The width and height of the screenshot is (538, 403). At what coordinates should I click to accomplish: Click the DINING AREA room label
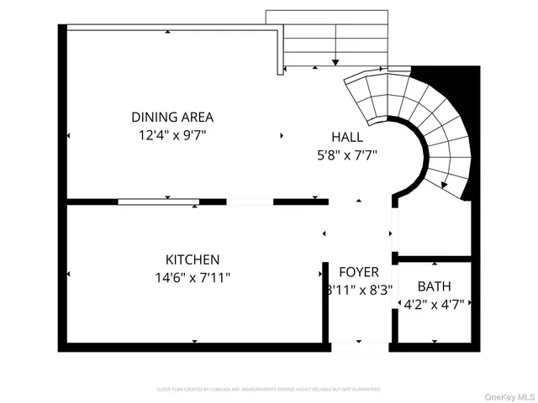tap(172, 117)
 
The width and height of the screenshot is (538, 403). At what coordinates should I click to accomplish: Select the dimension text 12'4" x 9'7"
tap(172, 133)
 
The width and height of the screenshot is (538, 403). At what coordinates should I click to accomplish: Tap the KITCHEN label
tap(193, 259)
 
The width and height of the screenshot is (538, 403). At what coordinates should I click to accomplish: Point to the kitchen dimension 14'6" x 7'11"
tap(193, 276)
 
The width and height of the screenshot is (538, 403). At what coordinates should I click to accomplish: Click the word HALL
tap(346, 137)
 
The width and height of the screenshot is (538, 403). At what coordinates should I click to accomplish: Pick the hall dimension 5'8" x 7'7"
tap(346, 154)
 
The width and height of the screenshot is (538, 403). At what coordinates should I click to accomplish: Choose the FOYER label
tap(359, 272)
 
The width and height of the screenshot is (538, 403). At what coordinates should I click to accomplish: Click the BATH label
tap(434, 286)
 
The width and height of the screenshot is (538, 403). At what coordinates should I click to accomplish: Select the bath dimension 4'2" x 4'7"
tap(434, 303)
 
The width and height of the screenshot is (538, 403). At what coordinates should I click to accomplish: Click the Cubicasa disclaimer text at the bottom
tap(268, 390)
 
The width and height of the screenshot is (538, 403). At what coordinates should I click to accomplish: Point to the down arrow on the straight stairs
tap(335, 59)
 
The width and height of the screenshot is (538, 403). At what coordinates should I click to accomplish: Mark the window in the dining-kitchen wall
tap(158, 201)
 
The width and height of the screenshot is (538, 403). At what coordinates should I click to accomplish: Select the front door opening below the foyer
tap(360, 346)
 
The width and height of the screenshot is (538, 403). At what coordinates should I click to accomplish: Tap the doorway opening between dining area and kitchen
tap(251, 201)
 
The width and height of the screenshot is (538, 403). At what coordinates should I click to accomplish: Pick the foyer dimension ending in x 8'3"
tap(359, 290)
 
